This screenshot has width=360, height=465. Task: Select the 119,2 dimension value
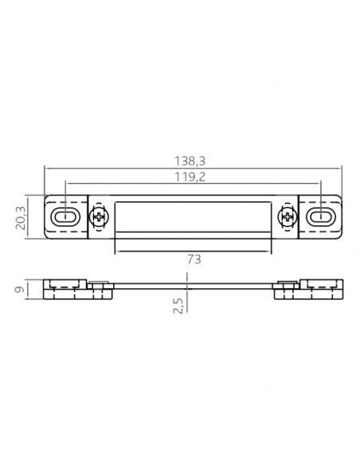(x=190, y=176)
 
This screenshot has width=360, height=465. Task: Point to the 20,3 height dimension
(x=22, y=217)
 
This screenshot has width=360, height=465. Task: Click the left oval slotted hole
(x=64, y=217)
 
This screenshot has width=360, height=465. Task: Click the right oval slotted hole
(x=320, y=217)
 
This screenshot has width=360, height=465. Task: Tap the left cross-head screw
(x=98, y=217)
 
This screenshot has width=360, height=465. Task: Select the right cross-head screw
(x=286, y=217)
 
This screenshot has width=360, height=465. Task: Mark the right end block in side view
(x=309, y=287)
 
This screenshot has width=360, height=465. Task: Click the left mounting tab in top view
(x=65, y=217)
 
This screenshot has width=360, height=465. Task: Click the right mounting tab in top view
(x=320, y=217)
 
